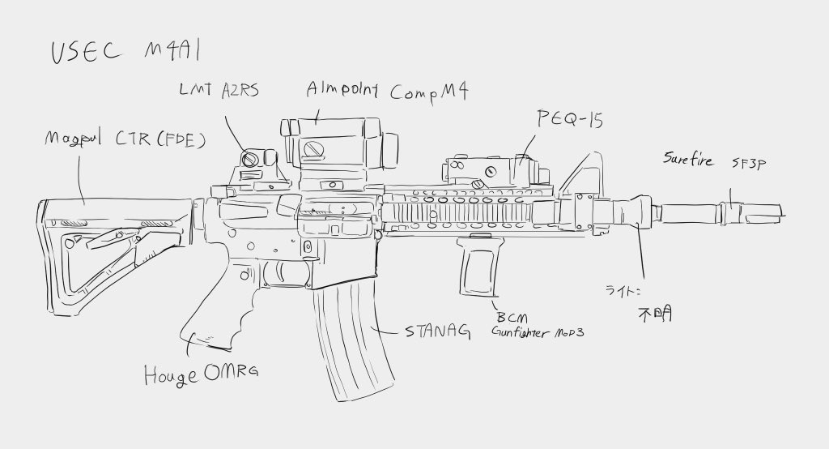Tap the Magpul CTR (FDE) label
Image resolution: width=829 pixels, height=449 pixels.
tap(125, 140)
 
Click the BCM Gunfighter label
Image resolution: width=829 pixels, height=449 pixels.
tap(538, 325)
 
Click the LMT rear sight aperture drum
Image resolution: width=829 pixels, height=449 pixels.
tap(253, 158)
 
